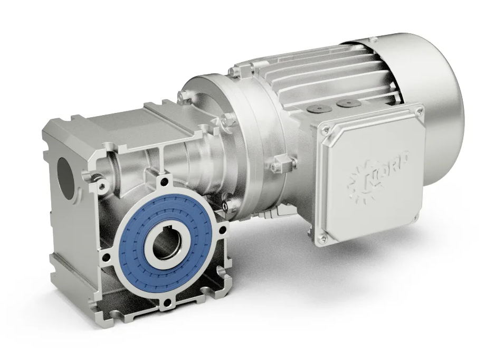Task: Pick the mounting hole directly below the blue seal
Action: tap(167, 302)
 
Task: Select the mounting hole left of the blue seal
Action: tap(107, 258)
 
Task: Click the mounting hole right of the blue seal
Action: tap(225, 230)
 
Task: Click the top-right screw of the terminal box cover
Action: tap(419, 111)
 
